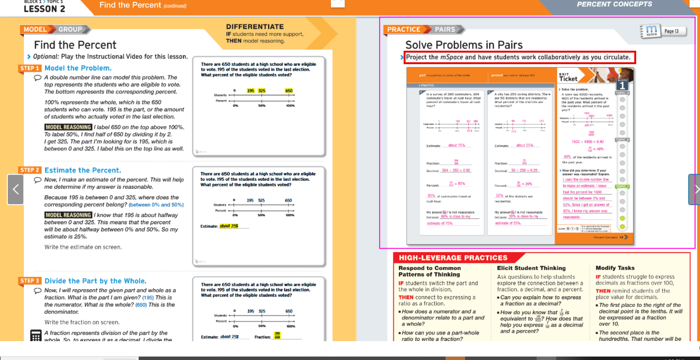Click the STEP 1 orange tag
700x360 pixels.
point(30,68)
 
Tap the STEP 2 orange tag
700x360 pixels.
point(30,170)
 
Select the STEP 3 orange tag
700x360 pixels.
point(30,281)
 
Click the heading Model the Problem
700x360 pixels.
point(78,68)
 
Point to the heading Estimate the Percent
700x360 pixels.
point(83,170)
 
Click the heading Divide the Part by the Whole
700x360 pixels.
point(95,281)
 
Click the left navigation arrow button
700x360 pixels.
point(16,189)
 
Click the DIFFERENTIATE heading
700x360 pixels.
point(255,27)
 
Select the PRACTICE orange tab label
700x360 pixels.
point(404,29)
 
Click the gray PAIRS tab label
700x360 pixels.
point(445,29)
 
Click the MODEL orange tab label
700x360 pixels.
point(35,29)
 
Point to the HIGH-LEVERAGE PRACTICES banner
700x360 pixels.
point(453,258)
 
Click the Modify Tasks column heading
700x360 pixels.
point(615,268)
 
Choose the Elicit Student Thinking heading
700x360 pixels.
point(531,268)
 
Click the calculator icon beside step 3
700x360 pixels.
point(36,335)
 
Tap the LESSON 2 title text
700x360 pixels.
point(45,8)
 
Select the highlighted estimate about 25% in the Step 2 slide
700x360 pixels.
point(229,226)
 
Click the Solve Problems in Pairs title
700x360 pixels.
point(464,45)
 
